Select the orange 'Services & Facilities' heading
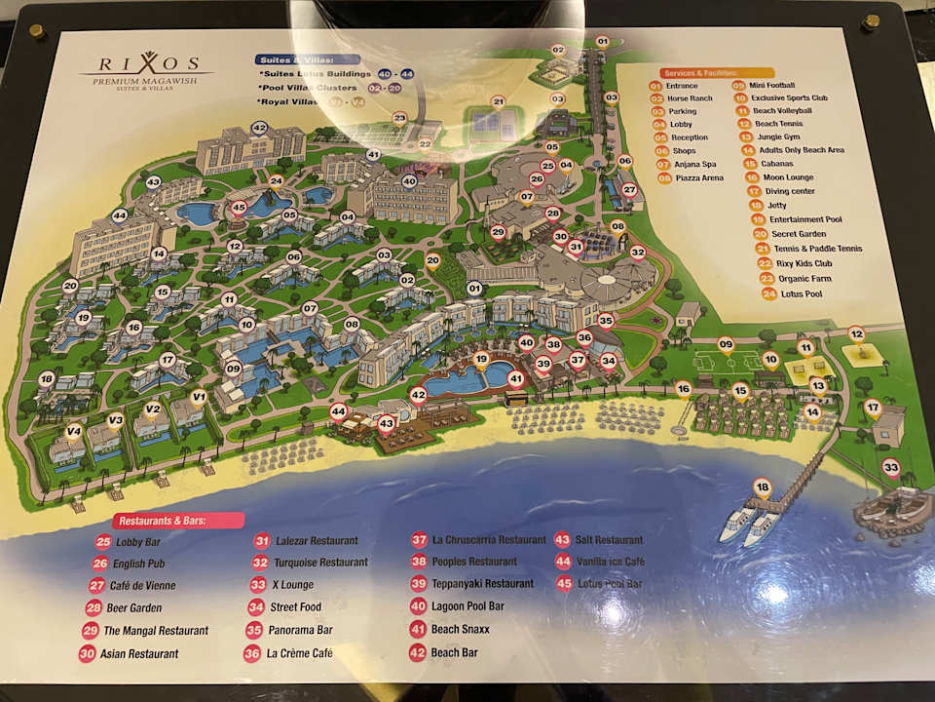coord(697,73)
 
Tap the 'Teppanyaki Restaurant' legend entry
coord(482,584)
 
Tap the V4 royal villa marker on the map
coord(74,432)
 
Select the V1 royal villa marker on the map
coord(199,397)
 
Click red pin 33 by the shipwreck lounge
coord(890,468)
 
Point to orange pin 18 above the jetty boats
coord(762,487)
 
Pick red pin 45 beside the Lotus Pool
coord(239,208)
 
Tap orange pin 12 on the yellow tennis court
coord(856,334)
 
